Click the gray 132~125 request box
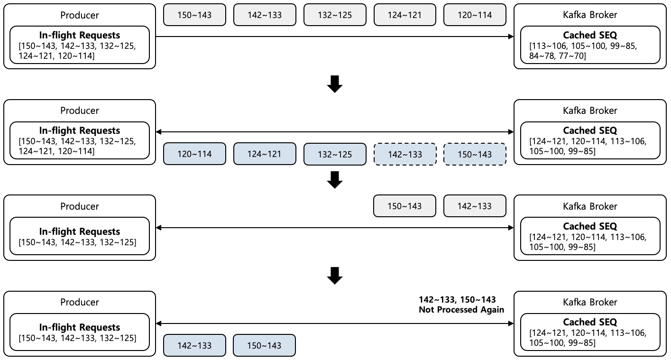coord(335,15)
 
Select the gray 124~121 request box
coord(405,15)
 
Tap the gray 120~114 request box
coord(475,15)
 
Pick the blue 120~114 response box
coord(194,154)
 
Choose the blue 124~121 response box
coord(265,154)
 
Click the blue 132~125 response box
coord(335,154)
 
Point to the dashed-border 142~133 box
coord(405,154)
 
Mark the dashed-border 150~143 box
coord(475,154)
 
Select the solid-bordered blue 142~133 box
coord(194,346)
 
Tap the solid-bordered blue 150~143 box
coord(265,346)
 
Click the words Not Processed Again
coord(461,310)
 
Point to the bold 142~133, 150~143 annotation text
coord(457,300)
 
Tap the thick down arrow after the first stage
coord(335,84)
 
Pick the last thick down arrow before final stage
coord(335,276)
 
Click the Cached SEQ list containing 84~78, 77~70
coord(583,51)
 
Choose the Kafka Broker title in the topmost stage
coord(589,15)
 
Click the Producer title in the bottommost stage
coord(80,302)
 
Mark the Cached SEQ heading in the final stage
coord(589,322)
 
